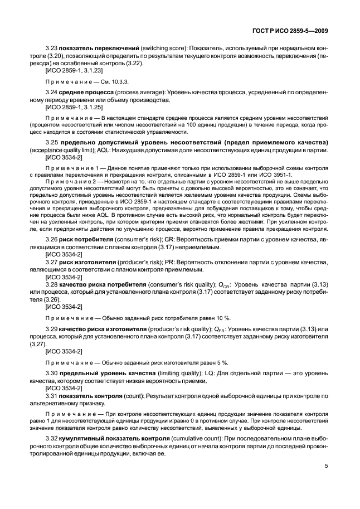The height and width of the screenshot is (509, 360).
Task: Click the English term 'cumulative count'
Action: pyautogui.click(x=169, y=440)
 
